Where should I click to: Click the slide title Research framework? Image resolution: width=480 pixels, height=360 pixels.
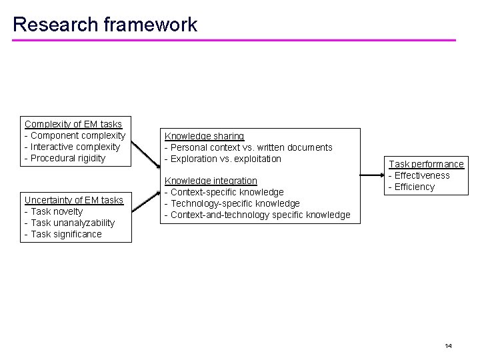[105, 25]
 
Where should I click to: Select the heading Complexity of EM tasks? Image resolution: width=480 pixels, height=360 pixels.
[73, 124]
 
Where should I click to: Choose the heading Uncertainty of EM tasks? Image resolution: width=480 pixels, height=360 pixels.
[74, 200]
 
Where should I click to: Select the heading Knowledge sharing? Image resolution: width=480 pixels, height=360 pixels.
[205, 136]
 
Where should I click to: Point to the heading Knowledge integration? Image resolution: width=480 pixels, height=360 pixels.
[211, 181]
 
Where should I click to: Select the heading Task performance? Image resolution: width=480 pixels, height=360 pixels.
[426, 164]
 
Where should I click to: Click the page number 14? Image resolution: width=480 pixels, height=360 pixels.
[448, 346]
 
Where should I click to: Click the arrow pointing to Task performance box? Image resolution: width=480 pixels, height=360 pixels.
[373, 175]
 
